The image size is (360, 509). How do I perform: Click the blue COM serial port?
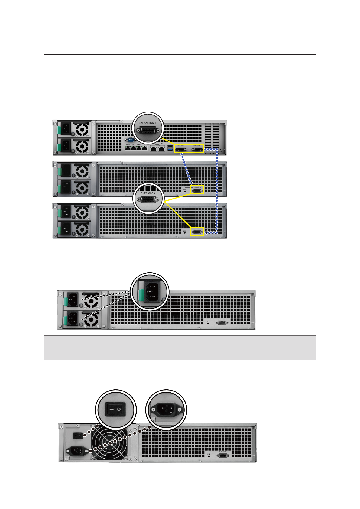click(x=131, y=140)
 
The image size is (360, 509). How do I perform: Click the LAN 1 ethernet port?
click(x=128, y=148)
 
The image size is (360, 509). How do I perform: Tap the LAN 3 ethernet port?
click(x=139, y=148)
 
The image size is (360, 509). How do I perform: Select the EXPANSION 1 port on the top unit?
click(x=181, y=149)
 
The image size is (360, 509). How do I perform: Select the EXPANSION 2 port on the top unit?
click(x=197, y=149)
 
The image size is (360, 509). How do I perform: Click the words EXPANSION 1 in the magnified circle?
click(x=148, y=123)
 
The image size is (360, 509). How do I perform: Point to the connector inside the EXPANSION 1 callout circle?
click(x=148, y=131)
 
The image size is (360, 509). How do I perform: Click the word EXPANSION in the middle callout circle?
click(x=148, y=193)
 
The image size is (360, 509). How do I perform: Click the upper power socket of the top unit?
click(x=66, y=128)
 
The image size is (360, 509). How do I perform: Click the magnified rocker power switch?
click(x=115, y=410)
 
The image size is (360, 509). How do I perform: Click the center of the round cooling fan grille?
click(x=110, y=442)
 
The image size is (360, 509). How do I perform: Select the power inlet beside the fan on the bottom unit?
click(x=77, y=451)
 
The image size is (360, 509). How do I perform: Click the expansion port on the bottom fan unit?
click(x=223, y=456)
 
